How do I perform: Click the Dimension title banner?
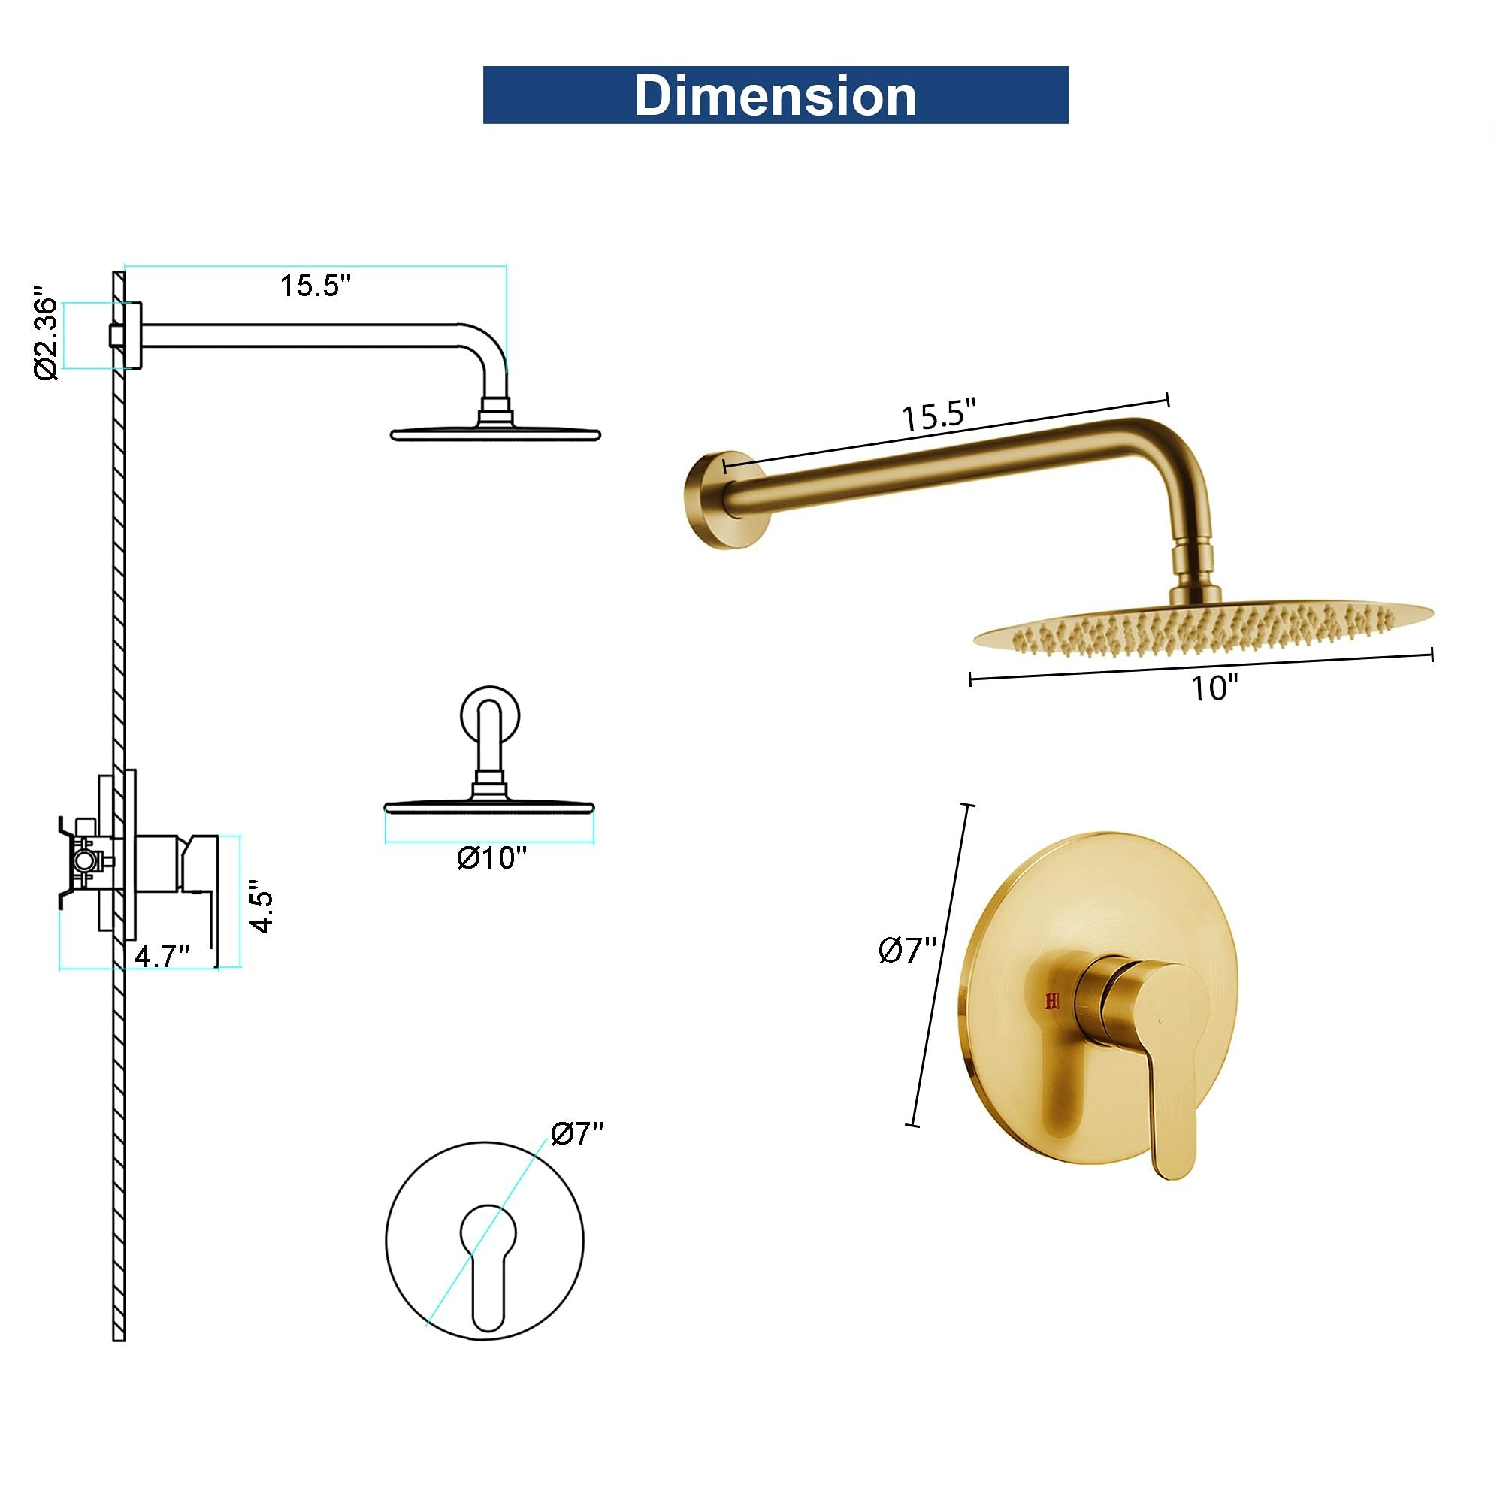point(775,95)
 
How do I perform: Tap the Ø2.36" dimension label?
point(47,336)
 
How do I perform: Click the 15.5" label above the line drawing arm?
point(316,286)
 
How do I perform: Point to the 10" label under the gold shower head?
point(1214,688)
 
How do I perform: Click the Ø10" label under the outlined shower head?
point(491,858)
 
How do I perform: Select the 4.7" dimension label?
point(162,955)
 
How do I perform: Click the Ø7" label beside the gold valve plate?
point(907,950)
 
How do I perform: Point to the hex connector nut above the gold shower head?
point(1194,558)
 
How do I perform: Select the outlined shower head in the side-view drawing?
point(495,433)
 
